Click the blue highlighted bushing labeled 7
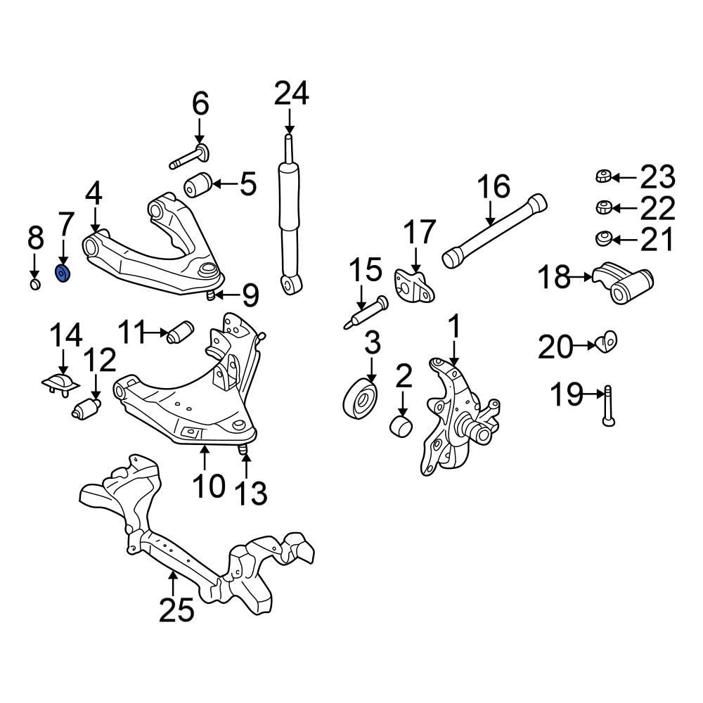tap(63, 272)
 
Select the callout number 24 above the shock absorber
tap(291, 93)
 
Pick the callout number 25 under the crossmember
tap(176, 610)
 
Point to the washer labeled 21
tap(602, 239)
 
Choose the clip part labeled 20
tap(605, 343)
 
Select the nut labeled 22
tap(602, 207)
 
